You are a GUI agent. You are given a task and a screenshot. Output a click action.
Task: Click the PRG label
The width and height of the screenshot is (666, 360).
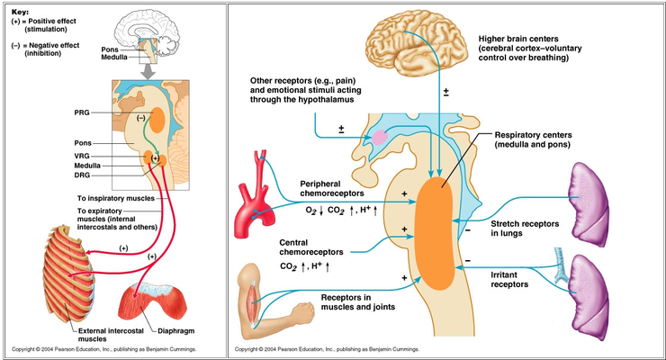(x=82, y=112)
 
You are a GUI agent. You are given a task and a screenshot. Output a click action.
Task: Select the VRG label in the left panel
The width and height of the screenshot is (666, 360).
(x=82, y=156)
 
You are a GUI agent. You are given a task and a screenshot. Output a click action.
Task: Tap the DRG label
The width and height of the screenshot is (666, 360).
(x=82, y=175)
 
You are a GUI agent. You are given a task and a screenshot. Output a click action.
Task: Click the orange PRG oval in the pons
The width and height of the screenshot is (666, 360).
(x=157, y=120)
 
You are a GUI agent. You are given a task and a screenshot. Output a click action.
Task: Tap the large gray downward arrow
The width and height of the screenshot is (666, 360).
(x=148, y=71)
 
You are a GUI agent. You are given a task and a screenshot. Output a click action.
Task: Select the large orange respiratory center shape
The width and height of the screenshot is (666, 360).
(x=434, y=233)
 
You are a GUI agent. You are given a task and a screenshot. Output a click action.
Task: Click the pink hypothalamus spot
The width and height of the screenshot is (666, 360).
(x=380, y=137)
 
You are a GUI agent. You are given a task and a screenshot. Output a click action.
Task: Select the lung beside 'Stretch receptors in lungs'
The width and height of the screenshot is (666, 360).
(x=590, y=204)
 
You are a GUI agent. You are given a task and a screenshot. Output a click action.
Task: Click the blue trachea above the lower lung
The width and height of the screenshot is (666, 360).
(x=561, y=265)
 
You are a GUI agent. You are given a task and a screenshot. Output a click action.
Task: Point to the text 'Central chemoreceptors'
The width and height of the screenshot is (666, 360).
(x=310, y=247)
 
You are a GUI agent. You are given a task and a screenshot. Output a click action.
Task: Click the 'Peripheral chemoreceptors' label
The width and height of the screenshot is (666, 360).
(x=332, y=188)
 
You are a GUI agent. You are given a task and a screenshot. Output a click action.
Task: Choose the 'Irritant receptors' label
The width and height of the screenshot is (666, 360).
(x=509, y=280)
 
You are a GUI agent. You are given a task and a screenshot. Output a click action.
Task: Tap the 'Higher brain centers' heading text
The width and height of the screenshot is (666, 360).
(x=518, y=39)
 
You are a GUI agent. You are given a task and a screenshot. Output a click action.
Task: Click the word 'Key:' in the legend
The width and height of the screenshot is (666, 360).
(x=20, y=13)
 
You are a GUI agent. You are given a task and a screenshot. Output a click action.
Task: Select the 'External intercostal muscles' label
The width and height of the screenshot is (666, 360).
(x=111, y=335)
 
